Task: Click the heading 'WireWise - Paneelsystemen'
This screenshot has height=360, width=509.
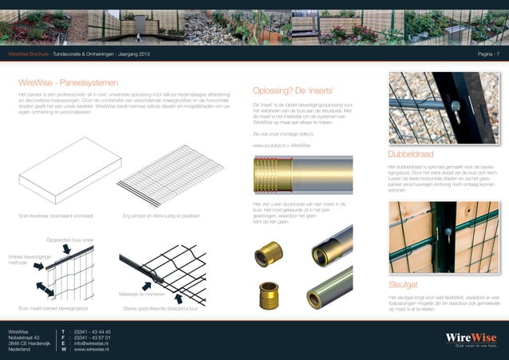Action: point(68,82)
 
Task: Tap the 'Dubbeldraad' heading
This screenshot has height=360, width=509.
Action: point(415,153)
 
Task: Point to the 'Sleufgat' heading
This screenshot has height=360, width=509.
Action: point(405,283)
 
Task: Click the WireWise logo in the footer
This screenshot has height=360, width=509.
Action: point(471,338)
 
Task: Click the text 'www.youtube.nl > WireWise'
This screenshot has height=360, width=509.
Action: point(282,145)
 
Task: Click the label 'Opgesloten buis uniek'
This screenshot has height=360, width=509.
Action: point(70,239)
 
